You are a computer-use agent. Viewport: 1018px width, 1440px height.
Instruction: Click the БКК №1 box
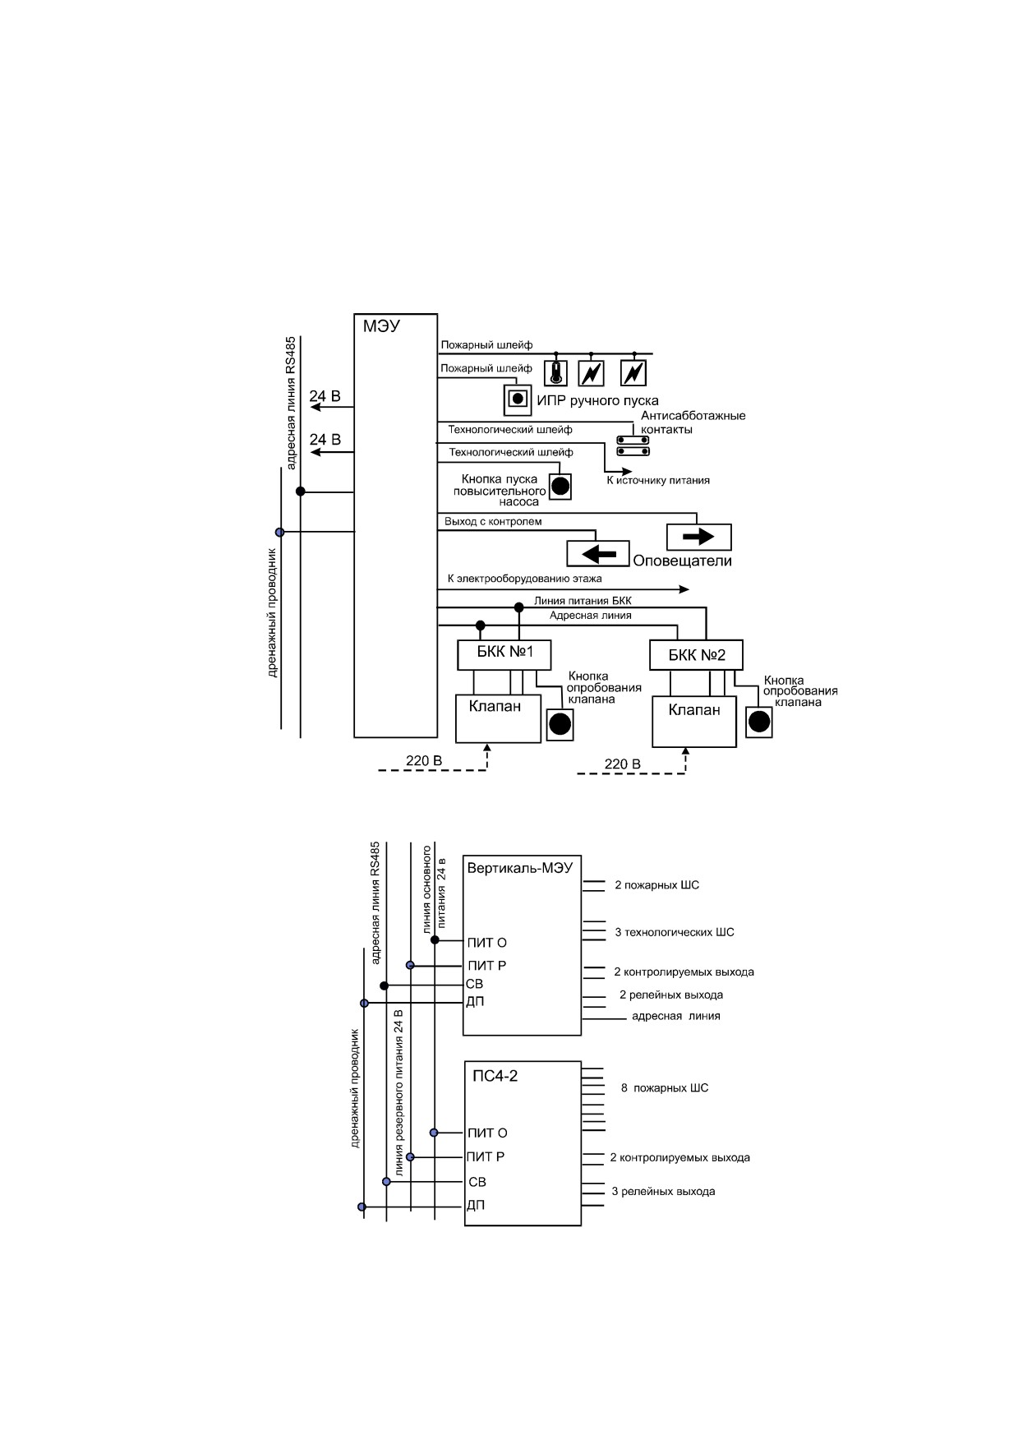click(x=504, y=654)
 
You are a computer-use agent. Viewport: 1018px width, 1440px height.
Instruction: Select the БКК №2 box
click(x=696, y=656)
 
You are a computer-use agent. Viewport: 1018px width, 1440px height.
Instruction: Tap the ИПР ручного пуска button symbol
click(x=517, y=399)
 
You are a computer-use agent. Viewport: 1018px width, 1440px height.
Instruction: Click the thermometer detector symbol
click(x=556, y=373)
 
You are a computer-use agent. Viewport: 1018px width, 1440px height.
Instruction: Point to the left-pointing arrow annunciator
click(x=598, y=554)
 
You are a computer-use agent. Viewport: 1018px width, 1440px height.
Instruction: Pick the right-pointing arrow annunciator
click(x=698, y=537)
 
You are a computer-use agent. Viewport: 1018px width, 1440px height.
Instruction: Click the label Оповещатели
click(x=682, y=561)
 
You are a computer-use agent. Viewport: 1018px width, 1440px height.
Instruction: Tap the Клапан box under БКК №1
click(x=499, y=718)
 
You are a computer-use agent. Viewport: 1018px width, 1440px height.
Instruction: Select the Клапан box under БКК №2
click(x=694, y=722)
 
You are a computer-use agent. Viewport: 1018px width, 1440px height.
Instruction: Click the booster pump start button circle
click(x=560, y=486)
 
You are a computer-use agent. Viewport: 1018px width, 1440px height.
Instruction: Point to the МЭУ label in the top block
click(x=381, y=325)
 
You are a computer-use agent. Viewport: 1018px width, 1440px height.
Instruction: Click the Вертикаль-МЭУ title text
click(x=519, y=867)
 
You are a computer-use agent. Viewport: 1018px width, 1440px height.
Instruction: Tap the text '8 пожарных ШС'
click(x=665, y=1088)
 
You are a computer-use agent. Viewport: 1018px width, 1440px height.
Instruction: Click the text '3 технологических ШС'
click(x=675, y=932)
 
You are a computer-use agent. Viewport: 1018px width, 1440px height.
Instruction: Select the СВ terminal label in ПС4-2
click(x=477, y=1182)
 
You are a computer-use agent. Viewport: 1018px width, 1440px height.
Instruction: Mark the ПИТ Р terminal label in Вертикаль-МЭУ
click(x=486, y=965)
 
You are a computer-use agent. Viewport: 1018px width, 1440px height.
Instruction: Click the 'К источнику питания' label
click(x=658, y=480)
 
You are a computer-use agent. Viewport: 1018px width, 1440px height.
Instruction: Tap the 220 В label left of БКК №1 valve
click(x=424, y=760)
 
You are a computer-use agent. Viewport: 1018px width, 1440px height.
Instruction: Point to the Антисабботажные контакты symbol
click(x=633, y=445)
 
